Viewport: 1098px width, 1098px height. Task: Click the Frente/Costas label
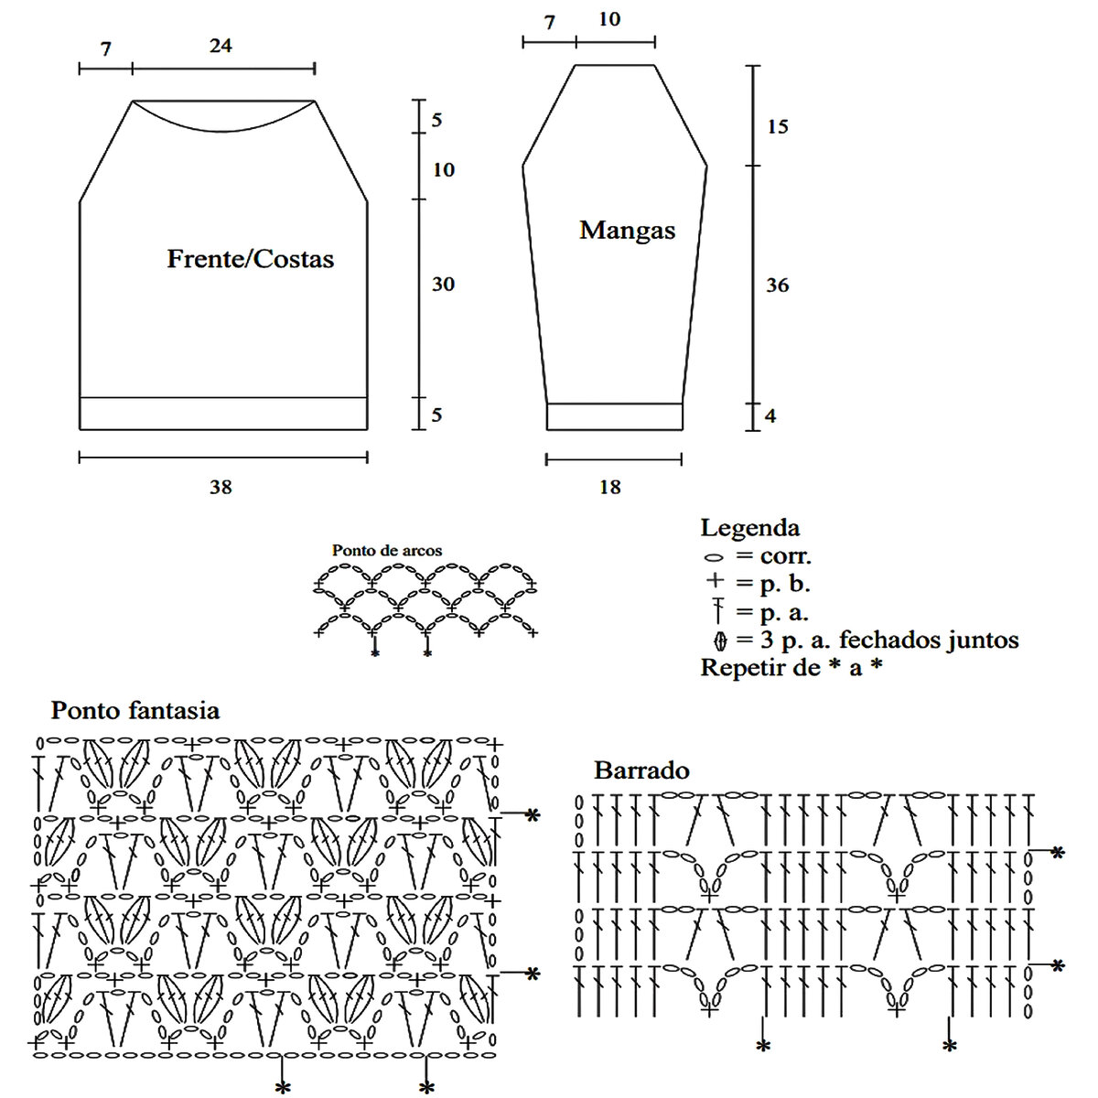(250, 259)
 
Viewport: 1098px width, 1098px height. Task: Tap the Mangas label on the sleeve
(627, 230)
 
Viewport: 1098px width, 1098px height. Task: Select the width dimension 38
(221, 487)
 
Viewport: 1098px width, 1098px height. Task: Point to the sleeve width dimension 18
(609, 487)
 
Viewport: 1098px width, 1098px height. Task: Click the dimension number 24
(221, 45)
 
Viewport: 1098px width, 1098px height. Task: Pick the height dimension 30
(443, 285)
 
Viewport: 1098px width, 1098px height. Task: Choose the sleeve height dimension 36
(777, 285)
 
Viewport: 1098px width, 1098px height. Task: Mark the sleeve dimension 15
(777, 126)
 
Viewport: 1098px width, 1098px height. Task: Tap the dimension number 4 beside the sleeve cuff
(770, 415)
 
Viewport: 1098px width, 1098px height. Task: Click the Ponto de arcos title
(386, 551)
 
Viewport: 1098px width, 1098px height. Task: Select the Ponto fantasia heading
(135, 710)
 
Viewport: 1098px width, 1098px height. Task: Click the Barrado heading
(641, 770)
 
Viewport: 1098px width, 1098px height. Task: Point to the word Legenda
(749, 528)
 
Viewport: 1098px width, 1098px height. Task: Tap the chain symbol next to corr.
(715, 557)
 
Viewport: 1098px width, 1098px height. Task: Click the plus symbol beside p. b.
(716, 581)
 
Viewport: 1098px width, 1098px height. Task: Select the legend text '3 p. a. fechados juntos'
(889, 640)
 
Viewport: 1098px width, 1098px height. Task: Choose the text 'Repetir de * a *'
(791, 667)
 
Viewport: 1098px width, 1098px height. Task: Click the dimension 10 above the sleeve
(608, 19)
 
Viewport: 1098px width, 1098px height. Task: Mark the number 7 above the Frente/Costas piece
(106, 49)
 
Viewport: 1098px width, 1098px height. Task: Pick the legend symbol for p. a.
(718, 610)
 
